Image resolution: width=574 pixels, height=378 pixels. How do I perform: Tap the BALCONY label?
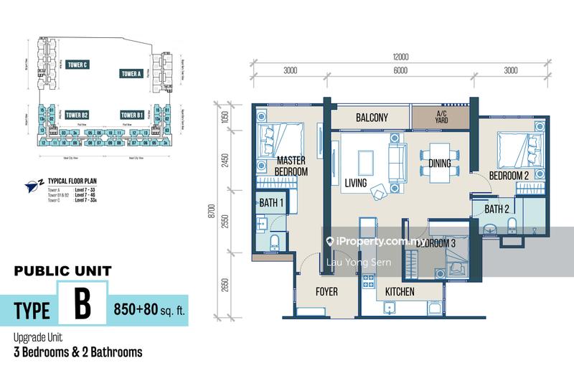(371, 118)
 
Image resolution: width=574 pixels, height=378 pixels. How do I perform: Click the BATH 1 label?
(271, 204)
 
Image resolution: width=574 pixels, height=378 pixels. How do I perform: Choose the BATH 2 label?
(497, 209)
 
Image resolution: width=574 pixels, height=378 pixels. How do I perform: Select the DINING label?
(440, 164)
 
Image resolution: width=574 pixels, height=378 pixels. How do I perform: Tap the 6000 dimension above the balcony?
(400, 70)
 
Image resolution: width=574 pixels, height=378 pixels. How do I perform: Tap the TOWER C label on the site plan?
(77, 65)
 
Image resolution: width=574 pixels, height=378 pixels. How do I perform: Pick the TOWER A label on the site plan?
(131, 73)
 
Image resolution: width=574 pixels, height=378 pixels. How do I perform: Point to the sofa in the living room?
(397, 161)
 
